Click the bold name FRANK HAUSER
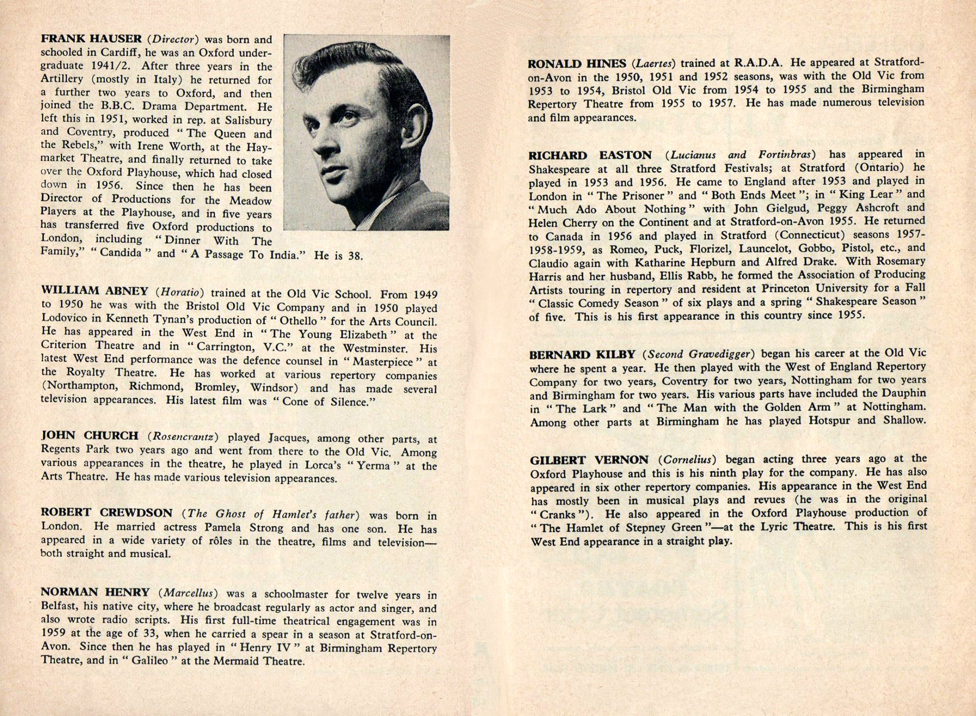coord(91,39)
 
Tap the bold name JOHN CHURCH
coord(90,436)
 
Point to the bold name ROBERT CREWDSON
coord(106,513)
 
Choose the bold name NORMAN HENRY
coord(95,592)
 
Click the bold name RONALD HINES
coord(577,63)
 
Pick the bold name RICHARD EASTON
coord(590,156)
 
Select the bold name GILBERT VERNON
coord(589,460)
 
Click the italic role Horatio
coord(183,291)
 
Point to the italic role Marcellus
coord(188,593)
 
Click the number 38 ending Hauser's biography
coord(355,256)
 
